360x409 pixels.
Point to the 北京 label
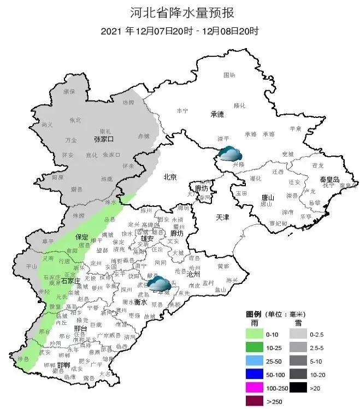point(170,177)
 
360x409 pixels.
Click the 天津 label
point(222,217)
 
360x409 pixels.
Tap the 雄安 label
point(147,239)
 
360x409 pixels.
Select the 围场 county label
point(229,75)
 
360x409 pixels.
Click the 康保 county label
point(68,91)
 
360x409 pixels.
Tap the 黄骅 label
point(223,266)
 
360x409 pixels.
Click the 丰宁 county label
point(182,110)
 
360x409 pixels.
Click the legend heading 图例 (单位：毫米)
point(275,315)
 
